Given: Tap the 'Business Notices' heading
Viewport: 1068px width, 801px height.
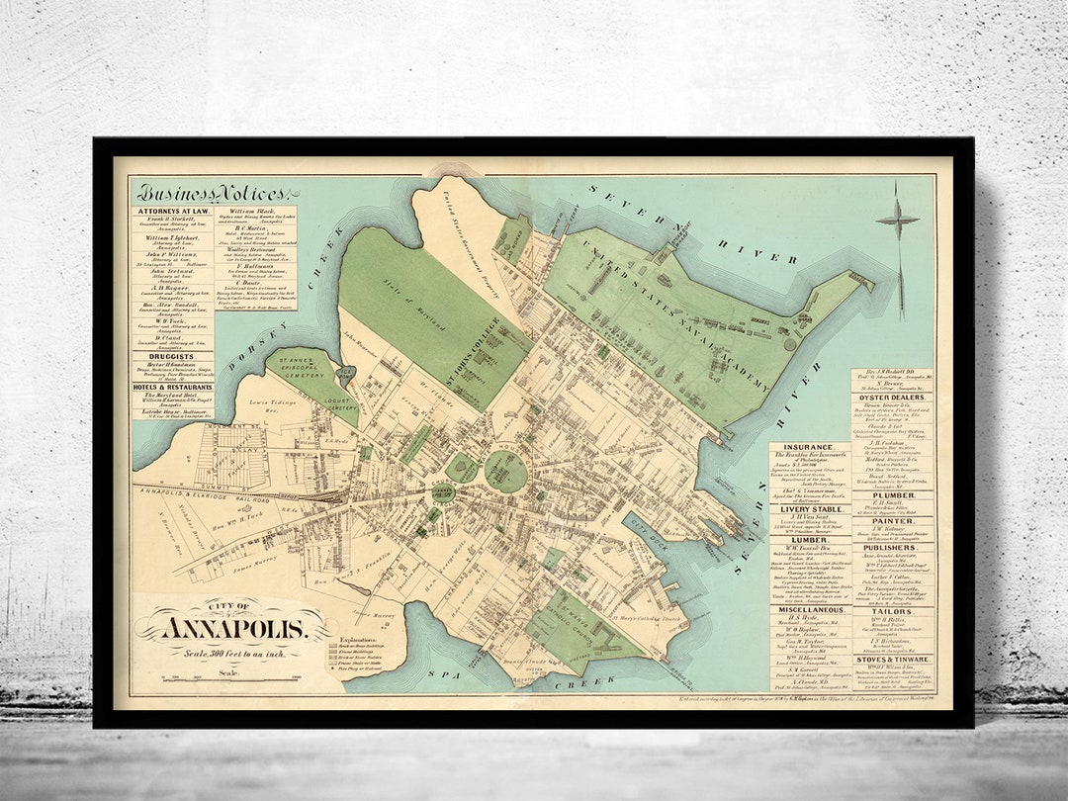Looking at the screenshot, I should tap(212, 193).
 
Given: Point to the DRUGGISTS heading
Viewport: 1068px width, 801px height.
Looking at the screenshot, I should tap(173, 354).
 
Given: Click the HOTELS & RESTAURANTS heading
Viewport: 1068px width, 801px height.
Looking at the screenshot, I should tap(173, 387).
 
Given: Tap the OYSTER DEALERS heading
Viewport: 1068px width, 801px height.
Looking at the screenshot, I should tap(891, 399).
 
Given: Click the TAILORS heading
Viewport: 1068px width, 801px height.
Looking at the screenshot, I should tap(891, 612).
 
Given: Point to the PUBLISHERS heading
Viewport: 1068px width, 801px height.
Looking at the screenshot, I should tap(891, 547).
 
